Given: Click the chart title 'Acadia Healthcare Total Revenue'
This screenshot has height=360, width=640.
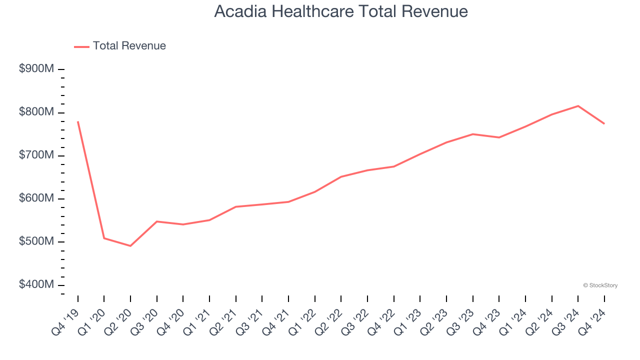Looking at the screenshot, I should tap(341, 11).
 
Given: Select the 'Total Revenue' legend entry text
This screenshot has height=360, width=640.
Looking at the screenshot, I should tap(129, 46).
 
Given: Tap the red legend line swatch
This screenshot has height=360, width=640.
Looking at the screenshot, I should tap(81, 46).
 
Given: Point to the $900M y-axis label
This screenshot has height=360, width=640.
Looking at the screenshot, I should tap(36, 69).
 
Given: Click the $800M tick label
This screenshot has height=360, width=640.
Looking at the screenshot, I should tap(36, 112).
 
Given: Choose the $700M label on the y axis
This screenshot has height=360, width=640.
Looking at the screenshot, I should tap(36, 155).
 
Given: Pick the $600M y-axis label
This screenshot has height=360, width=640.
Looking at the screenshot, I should tap(36, 198).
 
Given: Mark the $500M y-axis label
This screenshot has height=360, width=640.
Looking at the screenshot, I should tap(36, 241).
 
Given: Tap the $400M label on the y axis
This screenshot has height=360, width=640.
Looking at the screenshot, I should tap(36, 284).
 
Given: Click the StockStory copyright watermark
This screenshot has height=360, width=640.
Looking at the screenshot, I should tap(600, 285).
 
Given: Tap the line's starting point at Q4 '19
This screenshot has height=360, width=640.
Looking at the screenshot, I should tap(78, 121).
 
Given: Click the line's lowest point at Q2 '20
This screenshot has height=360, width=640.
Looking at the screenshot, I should tap(130, 246).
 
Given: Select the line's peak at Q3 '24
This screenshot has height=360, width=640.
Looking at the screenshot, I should tap(578, 106).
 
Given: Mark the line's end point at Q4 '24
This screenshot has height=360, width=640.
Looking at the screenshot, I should tap(604, 123).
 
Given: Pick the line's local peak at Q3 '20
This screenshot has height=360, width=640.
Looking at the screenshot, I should tap(157, 221).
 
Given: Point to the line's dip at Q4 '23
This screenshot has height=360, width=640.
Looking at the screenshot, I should tap(499, 137).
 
